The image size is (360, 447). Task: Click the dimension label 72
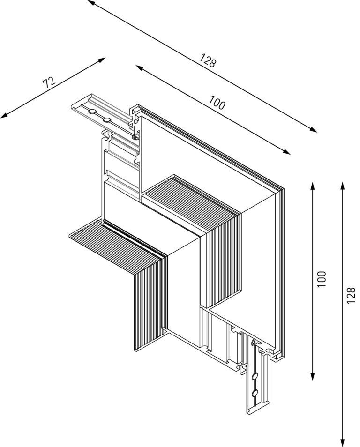coord(49,83)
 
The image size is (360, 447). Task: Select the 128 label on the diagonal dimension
coord(207,61)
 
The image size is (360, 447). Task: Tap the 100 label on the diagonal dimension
coord(217,103)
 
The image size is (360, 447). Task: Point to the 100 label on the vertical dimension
coord(321,279)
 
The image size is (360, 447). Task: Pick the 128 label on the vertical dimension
coord(352,296)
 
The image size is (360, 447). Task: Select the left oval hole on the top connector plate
coord(92,112)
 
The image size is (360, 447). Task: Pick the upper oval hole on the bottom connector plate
coord(255,376)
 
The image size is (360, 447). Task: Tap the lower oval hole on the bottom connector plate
coord(255,393)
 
